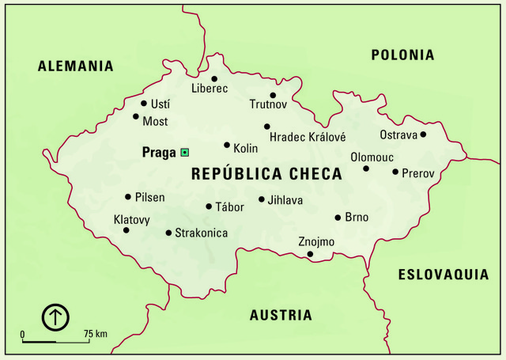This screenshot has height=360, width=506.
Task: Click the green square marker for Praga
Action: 184,151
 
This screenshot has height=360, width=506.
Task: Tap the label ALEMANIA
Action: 76,66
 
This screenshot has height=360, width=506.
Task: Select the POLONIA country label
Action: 402,55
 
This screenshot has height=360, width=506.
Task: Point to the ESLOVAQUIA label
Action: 443,275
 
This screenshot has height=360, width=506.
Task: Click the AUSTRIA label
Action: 281,315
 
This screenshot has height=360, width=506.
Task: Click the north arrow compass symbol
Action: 56,318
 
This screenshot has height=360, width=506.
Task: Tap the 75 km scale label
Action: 95,334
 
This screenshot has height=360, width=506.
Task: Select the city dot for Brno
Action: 338,217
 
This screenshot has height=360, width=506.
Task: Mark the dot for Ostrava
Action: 423,135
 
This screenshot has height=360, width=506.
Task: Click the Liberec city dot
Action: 213,78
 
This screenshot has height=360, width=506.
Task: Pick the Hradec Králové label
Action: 308,137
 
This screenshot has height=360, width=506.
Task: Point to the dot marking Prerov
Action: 395,171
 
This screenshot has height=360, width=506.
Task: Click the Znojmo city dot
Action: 310,254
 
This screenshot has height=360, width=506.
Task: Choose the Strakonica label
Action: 201,233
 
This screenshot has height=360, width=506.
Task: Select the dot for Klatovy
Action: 126,230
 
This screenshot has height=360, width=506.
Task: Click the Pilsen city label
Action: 150,196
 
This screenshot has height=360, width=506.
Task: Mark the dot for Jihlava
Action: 262,200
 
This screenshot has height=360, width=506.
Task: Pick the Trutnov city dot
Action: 273,95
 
